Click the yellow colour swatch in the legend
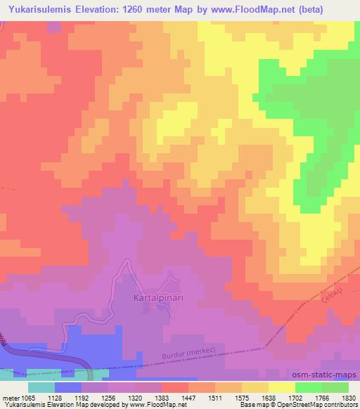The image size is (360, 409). pyautogui.click(x=281, y=387)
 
